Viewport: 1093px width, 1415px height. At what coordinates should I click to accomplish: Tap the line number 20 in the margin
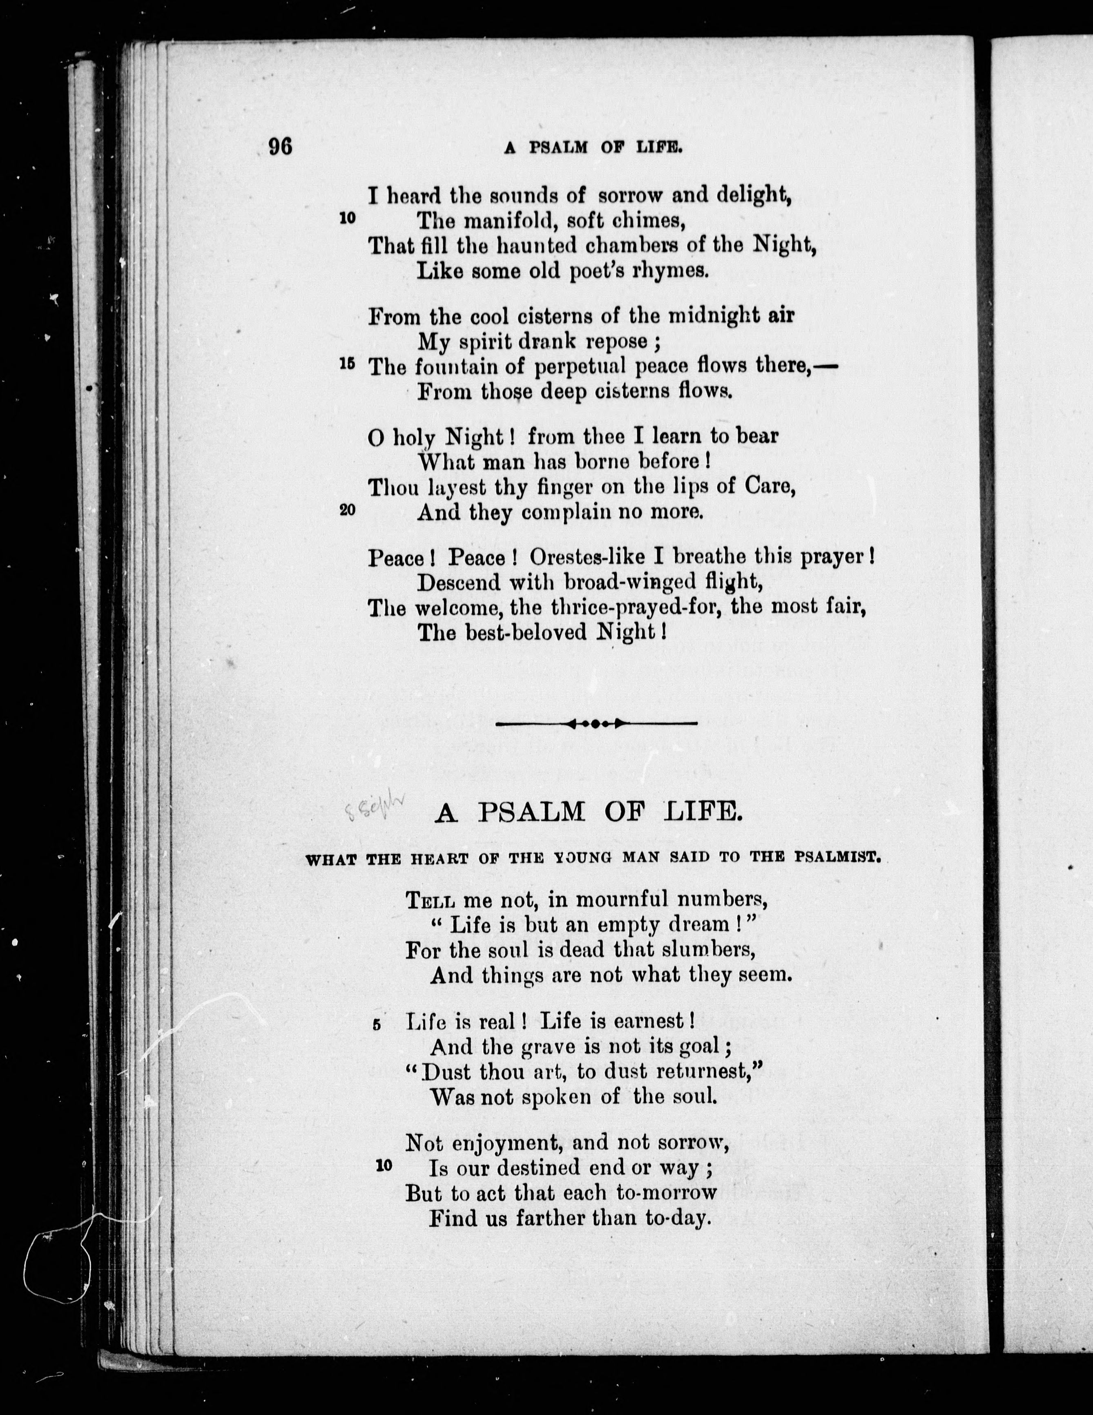(347, 509)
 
